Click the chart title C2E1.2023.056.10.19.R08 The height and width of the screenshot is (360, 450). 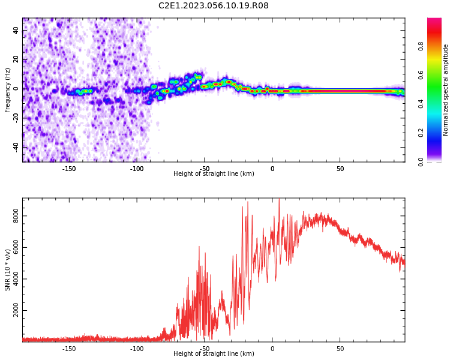(x=214, y=5)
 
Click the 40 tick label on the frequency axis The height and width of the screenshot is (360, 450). (x=16, y=30)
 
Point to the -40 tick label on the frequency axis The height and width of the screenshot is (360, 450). (x=16, y=148)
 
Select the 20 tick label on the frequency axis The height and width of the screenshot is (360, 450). (x=16, y=59)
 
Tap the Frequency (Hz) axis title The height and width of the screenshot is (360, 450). (x=7, y=90)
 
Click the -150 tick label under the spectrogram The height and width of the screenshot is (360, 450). (x=69, y=169)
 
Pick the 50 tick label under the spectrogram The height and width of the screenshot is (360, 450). (x=340, y=169)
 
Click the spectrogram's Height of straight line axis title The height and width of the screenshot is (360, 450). (x=214, y=173)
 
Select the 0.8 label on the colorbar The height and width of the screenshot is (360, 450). (x=421, y=46)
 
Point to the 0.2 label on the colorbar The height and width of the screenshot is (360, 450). (x=421, y=133)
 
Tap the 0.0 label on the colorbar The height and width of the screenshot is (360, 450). (x=421, y=162)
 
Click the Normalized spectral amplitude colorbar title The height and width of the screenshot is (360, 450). (x=445, y=90)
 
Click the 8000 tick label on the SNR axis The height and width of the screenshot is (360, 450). (x=16, y=216)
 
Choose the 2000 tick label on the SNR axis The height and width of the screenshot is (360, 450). (x=16, y=310)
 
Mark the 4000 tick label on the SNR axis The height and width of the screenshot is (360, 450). (x=16, y=279)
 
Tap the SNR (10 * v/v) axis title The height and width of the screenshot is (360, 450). (x=7, y=270)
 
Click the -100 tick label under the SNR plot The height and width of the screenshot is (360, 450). (x=137, y=349)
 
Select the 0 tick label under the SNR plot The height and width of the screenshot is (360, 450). (x=272, y=349)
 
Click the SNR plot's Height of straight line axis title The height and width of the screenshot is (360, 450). (x=214, y=353)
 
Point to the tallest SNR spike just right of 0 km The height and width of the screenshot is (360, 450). (x=279, y=199)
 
